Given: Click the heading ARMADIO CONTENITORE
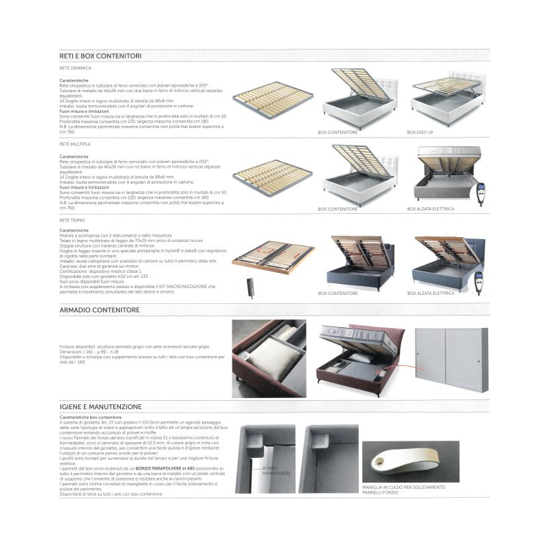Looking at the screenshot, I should [x=100, y=310].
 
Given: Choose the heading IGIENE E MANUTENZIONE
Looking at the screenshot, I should [x=100, y=407].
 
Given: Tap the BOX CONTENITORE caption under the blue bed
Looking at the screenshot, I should [x=338, y=293].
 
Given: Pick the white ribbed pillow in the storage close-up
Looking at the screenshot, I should [x=275, y=364].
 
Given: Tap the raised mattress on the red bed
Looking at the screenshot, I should [x=357, y=333].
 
